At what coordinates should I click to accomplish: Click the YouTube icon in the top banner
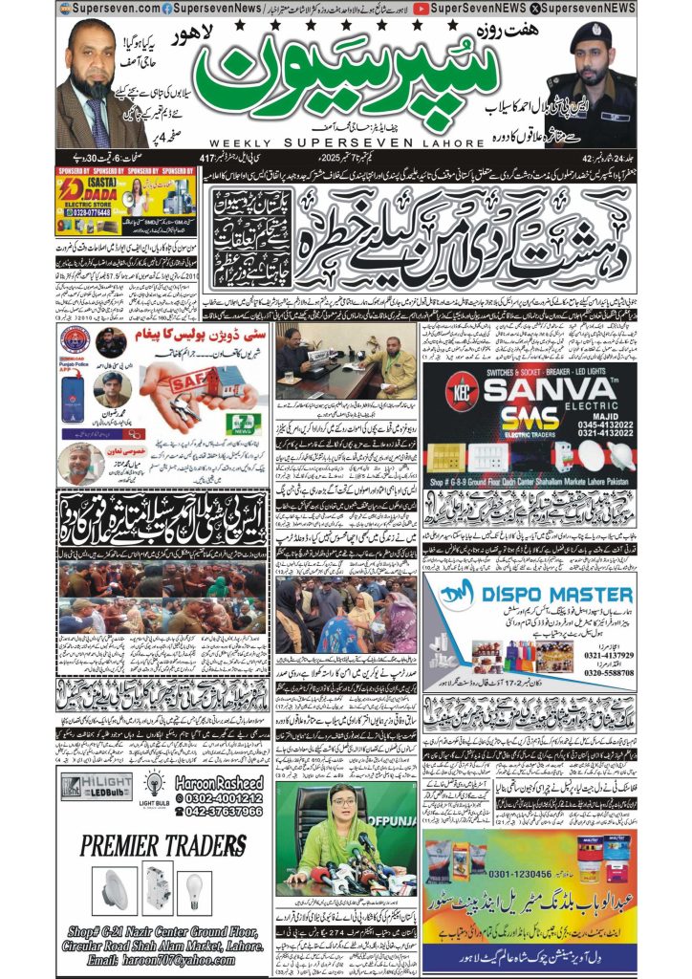pos(422,8)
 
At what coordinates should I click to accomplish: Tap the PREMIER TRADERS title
pos(163,846)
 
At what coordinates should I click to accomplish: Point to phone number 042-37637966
pos(220,812)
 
